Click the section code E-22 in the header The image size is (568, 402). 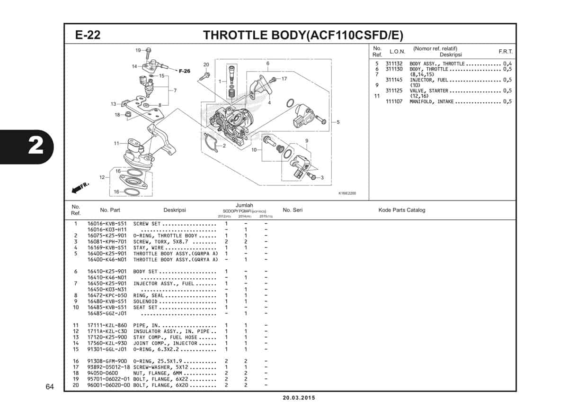click(x=88, y=36)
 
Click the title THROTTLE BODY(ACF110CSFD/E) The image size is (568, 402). click(x=303, y=36)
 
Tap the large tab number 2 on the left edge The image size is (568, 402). click(x=35, y=146)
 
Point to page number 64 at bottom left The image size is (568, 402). click(x=50, y=388)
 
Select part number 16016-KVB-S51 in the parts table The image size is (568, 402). click(x=107, y=223)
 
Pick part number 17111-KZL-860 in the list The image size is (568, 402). click(x=107, y=325)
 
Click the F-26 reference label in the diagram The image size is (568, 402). click(x=184, y=71)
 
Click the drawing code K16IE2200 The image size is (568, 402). click(x=347, y=193)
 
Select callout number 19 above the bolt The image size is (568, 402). click(x=138, y=50)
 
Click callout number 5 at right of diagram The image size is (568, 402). click(x=338, y=122)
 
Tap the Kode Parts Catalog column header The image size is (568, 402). click(x=402, y=210)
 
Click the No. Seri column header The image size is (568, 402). click(x=293, y=210)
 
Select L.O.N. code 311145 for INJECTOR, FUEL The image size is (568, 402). click(x=394, y=80)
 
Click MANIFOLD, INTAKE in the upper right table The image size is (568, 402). click(x=432, y=101)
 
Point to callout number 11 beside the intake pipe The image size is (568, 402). click(x=116, y=143)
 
